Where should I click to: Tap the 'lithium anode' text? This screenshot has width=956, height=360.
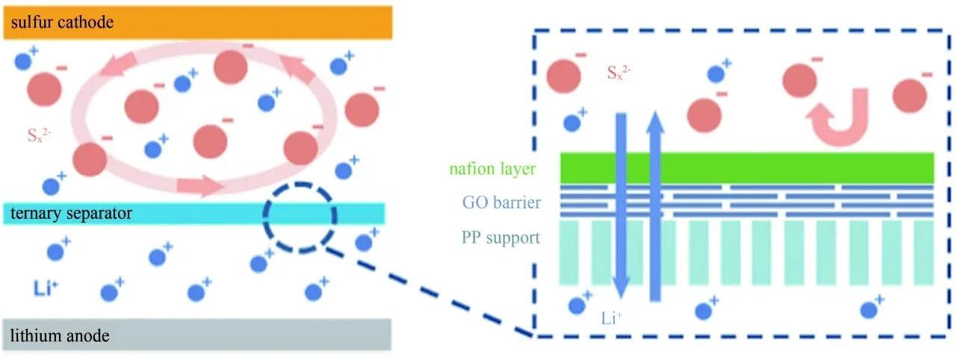pyautogui.click(x=60, y=337)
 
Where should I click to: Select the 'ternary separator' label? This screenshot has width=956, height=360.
pyautogui.click(x=71, y=214)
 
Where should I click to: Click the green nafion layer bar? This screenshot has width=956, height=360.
pyautogui.click(x=747, y=167)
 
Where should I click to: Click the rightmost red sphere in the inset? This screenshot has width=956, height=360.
pyautogui.click(x=909, y=95)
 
